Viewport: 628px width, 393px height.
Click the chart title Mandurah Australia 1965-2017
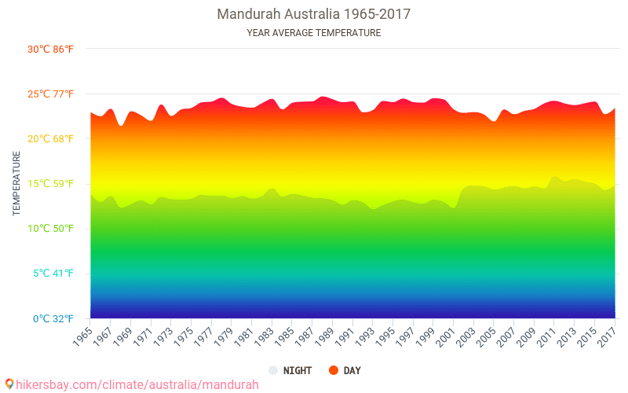313,14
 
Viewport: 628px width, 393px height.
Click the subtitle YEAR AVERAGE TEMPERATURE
313,33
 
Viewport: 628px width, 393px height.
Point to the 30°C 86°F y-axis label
50,50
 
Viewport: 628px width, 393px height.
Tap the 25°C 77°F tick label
50,94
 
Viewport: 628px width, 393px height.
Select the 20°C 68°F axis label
50,139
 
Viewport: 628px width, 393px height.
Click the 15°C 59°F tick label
50,184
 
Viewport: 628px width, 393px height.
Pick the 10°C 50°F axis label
50,229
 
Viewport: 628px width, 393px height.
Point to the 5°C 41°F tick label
53,274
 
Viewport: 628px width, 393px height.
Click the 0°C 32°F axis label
53,319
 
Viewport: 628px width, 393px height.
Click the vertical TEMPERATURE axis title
16,183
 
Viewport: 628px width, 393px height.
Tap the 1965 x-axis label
82,337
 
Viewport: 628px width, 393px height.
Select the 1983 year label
264,337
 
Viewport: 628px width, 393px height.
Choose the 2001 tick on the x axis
445,337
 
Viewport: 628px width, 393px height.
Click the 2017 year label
607,337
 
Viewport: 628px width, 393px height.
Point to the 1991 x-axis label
345,337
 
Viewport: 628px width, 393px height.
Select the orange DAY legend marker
333,370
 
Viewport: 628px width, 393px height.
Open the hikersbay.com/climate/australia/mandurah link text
137,385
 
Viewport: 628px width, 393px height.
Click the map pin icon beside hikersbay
9,384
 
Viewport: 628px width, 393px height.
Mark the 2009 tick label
526,337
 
